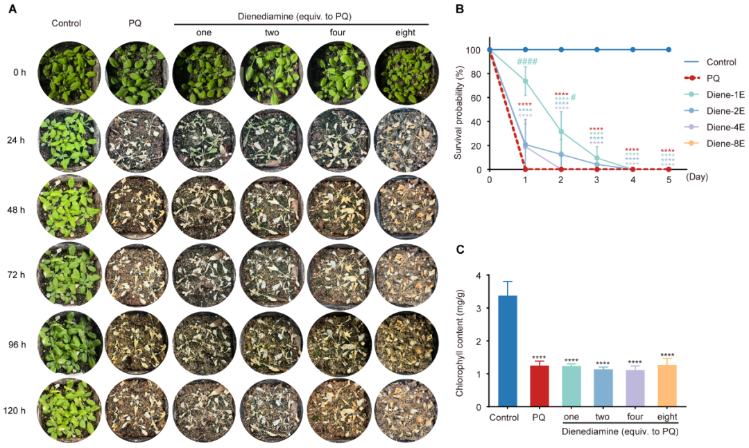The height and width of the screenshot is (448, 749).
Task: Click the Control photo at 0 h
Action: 69,72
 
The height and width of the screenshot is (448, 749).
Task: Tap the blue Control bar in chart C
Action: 508,351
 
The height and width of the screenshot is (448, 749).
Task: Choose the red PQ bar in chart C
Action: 540,386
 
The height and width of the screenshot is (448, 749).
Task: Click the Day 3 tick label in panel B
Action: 597,179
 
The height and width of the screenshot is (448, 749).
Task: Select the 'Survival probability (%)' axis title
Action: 458,110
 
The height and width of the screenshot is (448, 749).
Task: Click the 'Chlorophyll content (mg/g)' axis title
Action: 458,341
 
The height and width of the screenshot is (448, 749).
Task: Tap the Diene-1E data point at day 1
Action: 526,81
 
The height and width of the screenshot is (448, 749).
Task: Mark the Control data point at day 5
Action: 669,50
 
